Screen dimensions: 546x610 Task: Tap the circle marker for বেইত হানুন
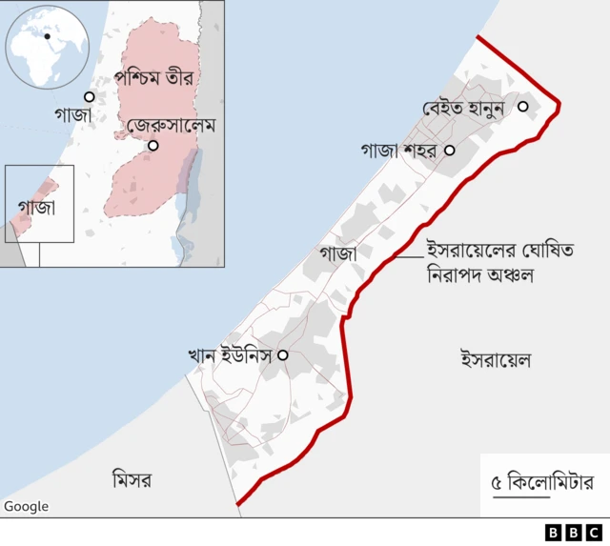pos(523,107)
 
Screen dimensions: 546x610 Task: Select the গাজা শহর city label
pos(397,151)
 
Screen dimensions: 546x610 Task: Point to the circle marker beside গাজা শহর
pos(450,150)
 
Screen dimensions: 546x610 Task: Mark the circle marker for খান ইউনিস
pos(282,354)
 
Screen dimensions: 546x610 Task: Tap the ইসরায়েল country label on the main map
pos(496,360)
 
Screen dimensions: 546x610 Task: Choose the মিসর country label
pos(131,481)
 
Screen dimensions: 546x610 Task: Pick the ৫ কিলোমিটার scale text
pos(541,481)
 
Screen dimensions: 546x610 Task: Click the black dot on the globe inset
pos(46,36)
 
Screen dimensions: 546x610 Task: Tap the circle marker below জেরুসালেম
pos(152,145)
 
